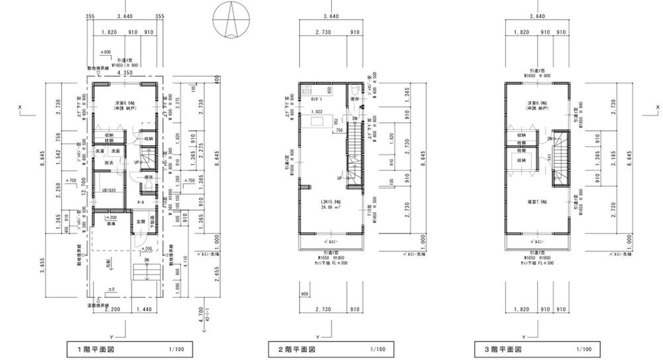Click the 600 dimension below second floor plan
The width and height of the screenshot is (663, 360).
click(306, 294)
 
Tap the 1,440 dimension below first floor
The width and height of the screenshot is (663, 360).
click(145, 310)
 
